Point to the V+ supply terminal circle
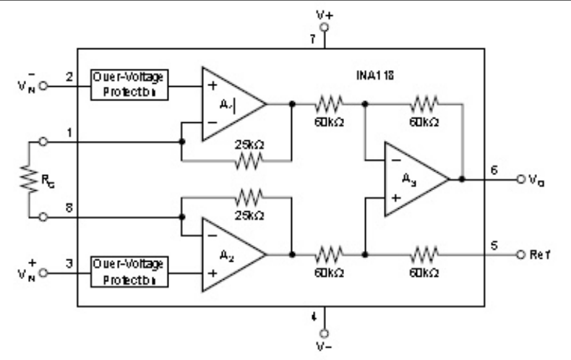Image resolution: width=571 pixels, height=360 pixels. point(324,26)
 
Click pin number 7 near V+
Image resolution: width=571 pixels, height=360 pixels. point(312,40)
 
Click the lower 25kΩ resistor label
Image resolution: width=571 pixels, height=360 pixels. point(249,215)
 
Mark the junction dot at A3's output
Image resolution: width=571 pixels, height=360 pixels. point(463,179)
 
